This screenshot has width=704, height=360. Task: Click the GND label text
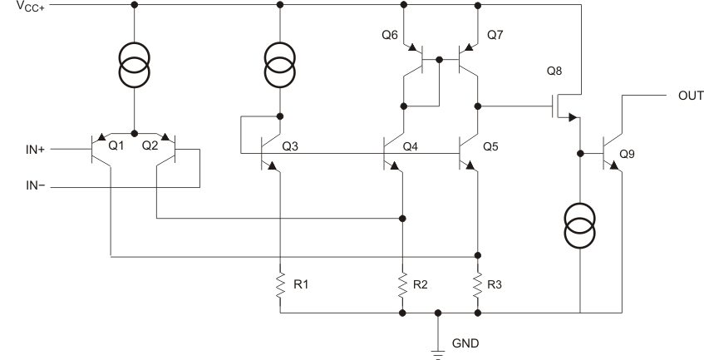coord(464,342)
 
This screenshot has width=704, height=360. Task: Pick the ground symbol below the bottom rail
coord(439,350)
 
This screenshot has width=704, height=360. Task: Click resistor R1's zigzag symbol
coord(280,284)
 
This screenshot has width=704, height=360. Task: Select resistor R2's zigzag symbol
coord(403,284)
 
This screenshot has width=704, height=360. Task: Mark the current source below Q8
coord(580,227)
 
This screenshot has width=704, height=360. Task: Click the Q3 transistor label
coord(291,146)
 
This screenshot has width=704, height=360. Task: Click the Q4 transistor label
coord(411,146)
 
